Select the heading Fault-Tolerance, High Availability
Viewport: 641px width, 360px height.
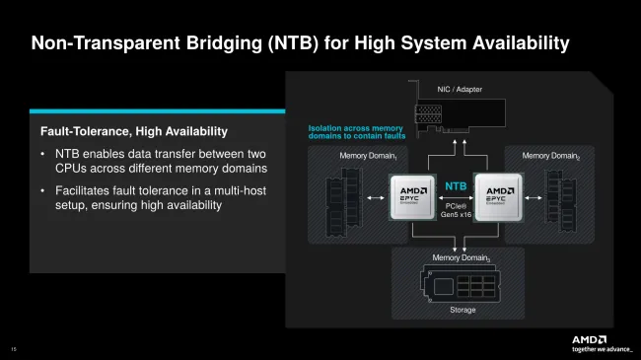click(x=133, y=131)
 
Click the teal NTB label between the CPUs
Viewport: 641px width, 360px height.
click(x=456, y=185)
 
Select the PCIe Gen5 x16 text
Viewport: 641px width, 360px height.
click(x=456, y=209)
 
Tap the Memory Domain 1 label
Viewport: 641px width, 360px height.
click(x=368, y=156)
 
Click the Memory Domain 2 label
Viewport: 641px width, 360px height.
click(x=550, y=156)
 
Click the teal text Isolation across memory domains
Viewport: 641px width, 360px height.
click(x=355, y=133)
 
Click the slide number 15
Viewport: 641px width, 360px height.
click(x=14, y=346)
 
